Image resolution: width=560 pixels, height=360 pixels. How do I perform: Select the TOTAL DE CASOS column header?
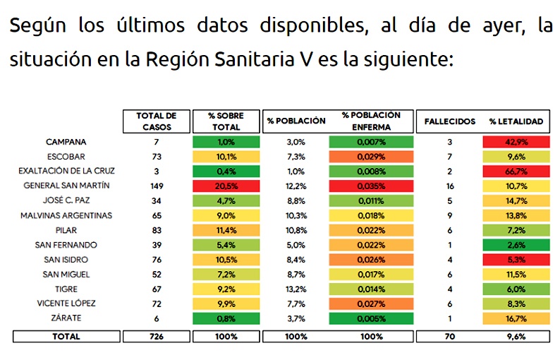pos(157,121)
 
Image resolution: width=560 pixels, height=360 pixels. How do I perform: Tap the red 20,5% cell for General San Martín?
pos(226,186)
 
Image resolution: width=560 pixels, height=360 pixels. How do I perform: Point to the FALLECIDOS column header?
pos(449,121)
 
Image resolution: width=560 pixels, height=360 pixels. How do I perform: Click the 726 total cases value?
pos(157,337)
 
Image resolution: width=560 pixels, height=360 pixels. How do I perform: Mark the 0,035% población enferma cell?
pos(370,186)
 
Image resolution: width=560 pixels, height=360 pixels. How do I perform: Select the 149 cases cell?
pos(157,186)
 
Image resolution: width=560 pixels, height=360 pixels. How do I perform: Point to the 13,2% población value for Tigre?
pos(296,289)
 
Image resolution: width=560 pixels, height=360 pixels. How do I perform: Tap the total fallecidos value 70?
pos(449,337)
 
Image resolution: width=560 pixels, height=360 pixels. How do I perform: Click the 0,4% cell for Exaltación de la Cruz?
pos(226,172)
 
